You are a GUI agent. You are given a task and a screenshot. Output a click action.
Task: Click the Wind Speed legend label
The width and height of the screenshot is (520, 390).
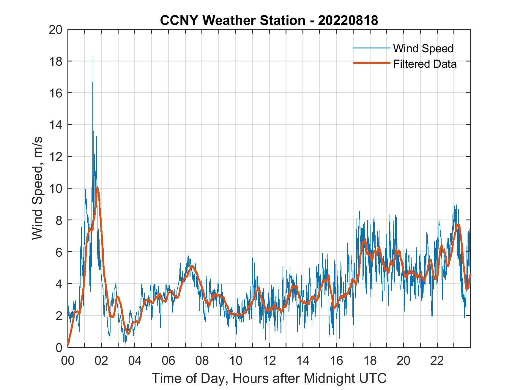pos(423,48)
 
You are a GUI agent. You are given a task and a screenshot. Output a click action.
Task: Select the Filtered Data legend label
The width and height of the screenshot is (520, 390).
pos(425,64)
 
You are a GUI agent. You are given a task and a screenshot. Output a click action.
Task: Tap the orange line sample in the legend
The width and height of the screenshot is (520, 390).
pos(371,64)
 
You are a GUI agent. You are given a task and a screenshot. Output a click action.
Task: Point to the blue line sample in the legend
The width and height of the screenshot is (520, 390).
pos(371,48)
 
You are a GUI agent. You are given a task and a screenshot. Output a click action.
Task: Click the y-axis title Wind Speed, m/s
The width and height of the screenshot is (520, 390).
pos(37,188)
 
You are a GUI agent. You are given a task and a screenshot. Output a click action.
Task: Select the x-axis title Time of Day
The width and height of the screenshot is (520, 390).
pos(269,378)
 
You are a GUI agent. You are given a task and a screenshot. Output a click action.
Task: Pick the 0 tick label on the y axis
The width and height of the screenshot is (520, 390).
pos(59,347)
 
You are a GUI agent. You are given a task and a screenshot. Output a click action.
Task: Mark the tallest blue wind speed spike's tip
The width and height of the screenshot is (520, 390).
pos(93,57)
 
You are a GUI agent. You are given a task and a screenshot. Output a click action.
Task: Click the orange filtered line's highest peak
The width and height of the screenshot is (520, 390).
pos(97,187)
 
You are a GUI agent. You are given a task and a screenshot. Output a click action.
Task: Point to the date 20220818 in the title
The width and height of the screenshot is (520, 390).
pos(348,20)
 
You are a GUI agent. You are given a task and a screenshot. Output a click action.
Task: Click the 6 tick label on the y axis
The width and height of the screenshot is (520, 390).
pos(59,252)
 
